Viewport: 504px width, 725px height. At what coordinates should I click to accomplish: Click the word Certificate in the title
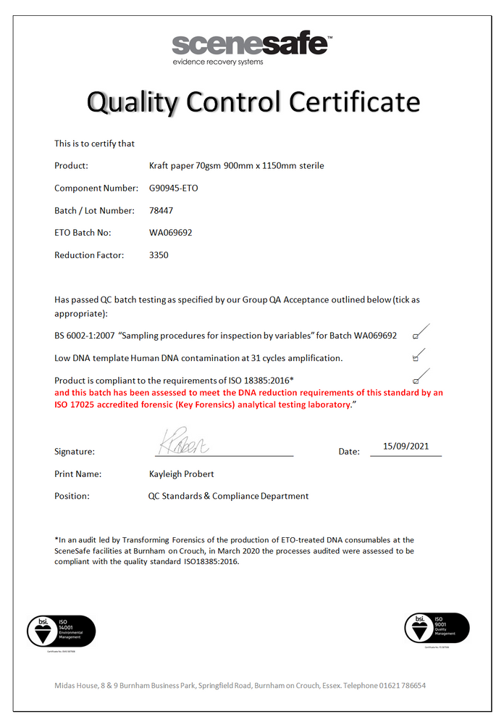coord(355,102)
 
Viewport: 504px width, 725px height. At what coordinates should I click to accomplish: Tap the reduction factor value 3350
coord(159,255)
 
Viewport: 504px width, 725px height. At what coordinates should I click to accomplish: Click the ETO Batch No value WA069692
coord(170,233)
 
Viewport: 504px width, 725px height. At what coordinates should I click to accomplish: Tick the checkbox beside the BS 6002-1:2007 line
coord(416,336)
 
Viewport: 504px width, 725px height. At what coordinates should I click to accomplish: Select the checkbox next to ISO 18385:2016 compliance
coord(416,381)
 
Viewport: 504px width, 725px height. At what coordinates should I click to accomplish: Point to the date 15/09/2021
coord(411,447)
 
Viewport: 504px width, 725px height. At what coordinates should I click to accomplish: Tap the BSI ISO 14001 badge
coord(61,631)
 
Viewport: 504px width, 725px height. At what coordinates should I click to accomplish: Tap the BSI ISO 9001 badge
coord(437,629)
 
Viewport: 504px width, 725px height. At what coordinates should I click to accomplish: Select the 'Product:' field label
coord(71,166)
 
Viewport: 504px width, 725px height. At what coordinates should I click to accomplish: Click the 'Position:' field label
coord(72,497)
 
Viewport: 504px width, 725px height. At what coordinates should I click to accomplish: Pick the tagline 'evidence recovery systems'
coord(217,62)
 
